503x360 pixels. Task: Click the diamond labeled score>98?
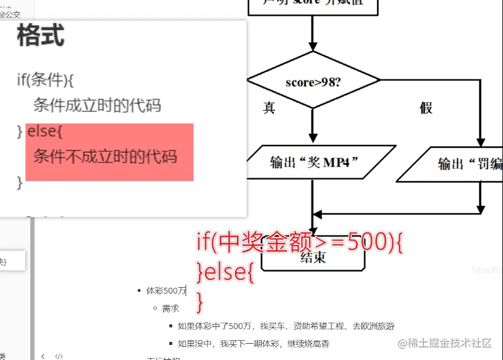click(x=313, y=81)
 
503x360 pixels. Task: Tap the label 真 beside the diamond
click(x=269, y=108)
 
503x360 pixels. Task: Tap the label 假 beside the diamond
click(x=426, y=108)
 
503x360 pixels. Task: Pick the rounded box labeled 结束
click(x=313, y=257)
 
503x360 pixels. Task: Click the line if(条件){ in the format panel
click(x=45, y=79)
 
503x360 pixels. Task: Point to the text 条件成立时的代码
click(x=97, y=106)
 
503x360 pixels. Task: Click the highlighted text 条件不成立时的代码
click(x=105, y=157)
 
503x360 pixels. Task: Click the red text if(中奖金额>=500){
click(x=299, y=243)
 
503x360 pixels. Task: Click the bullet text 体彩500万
click(x=166, y=291)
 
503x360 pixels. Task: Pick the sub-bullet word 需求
click(x=170, y=309)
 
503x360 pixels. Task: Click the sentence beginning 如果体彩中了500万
click(x=286, y=326)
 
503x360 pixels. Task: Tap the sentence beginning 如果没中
click(x=254, y=344)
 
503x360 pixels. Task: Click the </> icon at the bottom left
click(x=59, y=356)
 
